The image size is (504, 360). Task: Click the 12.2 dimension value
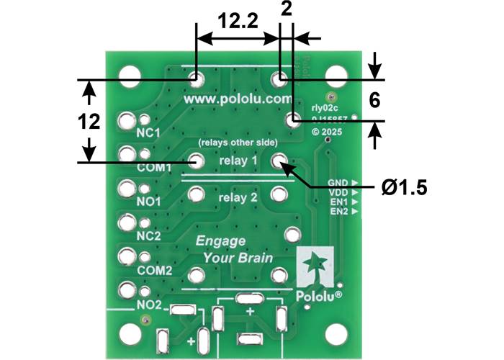coord(238,22)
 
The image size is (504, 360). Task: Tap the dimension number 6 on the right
coord(374,101)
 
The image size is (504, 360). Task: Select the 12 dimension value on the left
coord(89,122)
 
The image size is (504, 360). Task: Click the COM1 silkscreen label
coord(153,168)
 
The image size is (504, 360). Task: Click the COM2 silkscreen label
coord(153,271)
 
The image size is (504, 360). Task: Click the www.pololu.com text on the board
coord(238,98)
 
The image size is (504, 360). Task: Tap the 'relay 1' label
coord(238,161)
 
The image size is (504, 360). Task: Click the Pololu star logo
coord(315,268)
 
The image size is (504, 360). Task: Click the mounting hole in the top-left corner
coord(130,75)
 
